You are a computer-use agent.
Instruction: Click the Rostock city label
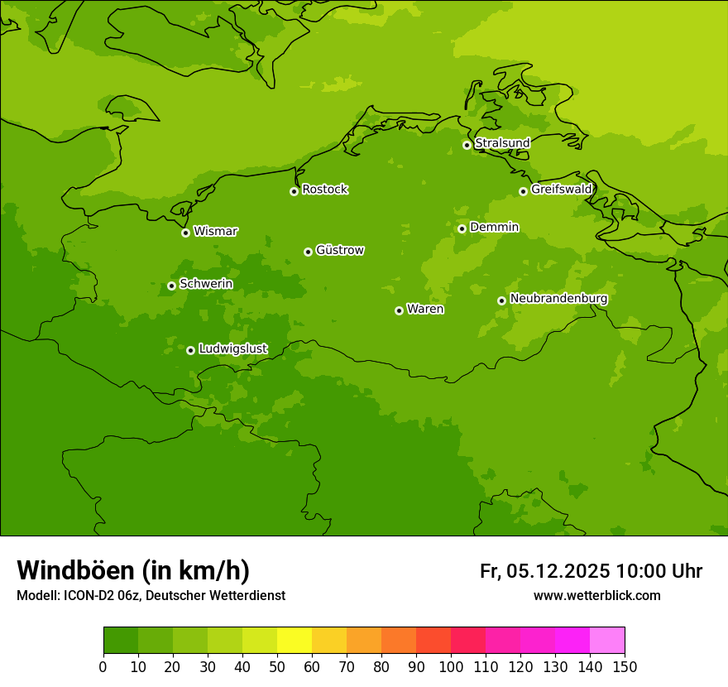[324, 190]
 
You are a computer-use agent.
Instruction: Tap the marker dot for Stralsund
[467, 145]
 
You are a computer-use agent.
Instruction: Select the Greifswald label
[561, 190]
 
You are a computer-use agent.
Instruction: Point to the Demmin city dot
[462, 229]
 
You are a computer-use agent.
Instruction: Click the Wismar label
[215, 232]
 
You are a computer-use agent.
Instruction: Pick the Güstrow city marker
[308, 252]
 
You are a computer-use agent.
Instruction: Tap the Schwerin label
[206, 284]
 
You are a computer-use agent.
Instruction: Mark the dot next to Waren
[399, 310]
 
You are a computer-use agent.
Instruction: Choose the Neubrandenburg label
[558, 299]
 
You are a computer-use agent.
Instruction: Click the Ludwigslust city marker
[190, 350]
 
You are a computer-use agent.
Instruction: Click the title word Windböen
[75, 570]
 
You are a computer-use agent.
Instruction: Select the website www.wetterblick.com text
[596, 596]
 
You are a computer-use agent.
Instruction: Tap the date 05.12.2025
[558, 571]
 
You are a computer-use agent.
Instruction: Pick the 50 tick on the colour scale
[277, 666]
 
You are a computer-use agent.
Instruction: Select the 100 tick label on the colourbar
[451, 666]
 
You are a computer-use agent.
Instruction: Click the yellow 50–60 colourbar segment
[295, 641]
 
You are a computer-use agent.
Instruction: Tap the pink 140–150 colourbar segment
[607, 641]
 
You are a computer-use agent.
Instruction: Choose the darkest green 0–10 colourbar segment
[121, 641]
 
